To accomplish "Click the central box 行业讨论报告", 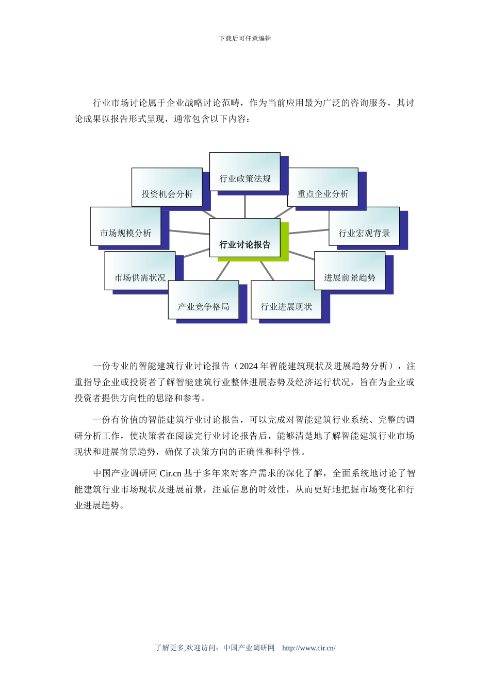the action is tap(244, 238).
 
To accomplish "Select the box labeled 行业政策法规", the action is tap(244, 172).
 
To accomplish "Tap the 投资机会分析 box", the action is tap(167, 188).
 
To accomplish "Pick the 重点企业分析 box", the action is tap(323, 188).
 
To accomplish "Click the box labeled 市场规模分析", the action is tap(125, 227).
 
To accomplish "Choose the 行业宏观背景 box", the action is tap(364, 227).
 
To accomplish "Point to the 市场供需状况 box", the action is tap(140, 271).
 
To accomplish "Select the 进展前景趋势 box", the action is tap(350, 271).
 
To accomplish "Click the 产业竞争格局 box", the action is tap(203, 300).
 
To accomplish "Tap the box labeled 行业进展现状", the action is tap(286, 300).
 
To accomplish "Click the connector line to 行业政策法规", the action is tap(245, 205).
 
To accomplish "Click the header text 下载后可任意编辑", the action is tap(245, 39).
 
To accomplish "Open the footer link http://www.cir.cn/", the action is tap(308, 648).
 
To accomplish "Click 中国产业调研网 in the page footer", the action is tap(249, 648).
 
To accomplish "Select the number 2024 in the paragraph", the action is tap(249, 366).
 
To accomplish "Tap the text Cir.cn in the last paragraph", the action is tap(170, 473).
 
